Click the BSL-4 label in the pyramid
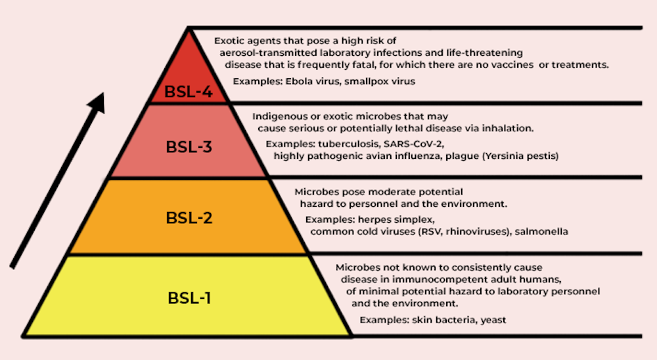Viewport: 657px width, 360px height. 188,91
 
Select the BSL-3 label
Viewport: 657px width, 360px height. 189,146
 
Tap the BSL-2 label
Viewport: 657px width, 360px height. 189,217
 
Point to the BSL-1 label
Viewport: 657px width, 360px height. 189,298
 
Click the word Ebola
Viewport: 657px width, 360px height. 299,81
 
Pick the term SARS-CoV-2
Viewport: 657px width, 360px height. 413,144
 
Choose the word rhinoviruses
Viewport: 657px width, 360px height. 477,231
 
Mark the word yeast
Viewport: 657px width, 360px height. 493,320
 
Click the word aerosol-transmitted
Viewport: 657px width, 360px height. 268,53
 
